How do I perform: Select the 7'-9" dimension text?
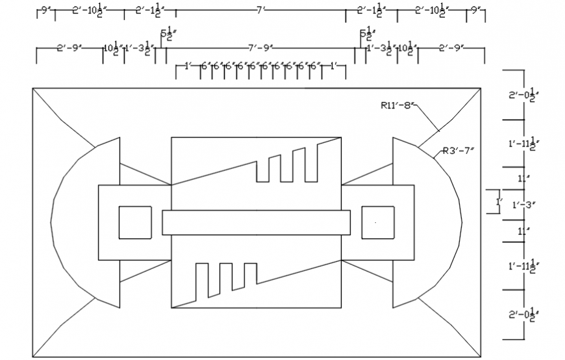click(x=260, y=48)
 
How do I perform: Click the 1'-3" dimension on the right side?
click(x=523, y=205)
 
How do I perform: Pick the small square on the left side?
click(x=135, y=222)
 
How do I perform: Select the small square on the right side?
click(x=378, y=222)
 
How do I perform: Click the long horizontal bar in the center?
click(x=256, y=222)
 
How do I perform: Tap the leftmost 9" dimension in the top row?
click(x=45, y=11)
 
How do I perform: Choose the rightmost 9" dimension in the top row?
click(x=476, y=11)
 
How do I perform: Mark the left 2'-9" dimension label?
click(x=68, y=48)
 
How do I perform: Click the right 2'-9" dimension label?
click(x=451, y=48)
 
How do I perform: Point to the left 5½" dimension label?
click(x=166, y=34)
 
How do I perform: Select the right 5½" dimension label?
click(x=366, y=34)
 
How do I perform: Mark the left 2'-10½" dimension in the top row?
click(x=89, y=11)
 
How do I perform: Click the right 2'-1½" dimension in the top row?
click(x=371, y=11)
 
